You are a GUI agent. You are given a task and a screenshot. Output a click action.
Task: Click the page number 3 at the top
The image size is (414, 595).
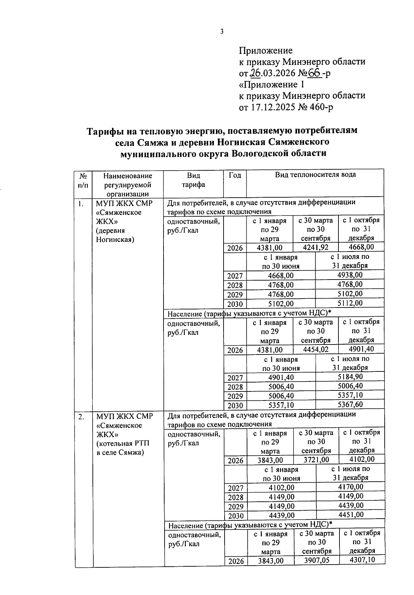(x=222, y=31)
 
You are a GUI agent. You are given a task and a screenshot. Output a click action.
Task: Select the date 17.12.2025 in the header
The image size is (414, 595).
(x=272, y=107)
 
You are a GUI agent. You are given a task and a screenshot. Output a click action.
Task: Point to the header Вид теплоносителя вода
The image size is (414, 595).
(x=315, y=174)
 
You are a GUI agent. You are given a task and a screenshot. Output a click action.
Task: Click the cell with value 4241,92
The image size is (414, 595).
(x=315, y=247)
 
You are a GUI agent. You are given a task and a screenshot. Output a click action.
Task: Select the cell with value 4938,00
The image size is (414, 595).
(x=349, y=275)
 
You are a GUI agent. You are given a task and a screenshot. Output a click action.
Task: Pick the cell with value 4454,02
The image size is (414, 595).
(x=316, y=349)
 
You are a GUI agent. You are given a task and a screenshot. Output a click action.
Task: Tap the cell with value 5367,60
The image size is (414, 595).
(x=350, y=404)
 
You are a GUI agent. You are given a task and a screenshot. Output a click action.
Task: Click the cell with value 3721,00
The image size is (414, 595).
(x=316, y=460)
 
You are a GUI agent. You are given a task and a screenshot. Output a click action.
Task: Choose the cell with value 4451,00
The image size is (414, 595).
(x=351, y=515)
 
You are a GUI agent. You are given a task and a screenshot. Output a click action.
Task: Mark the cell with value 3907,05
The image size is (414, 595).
(x=316, y=560)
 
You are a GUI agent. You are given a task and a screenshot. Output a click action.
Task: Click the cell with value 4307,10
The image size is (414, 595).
(x=362, y=560)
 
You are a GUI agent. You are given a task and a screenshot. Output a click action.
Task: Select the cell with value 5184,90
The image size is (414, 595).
(x=350, y=377)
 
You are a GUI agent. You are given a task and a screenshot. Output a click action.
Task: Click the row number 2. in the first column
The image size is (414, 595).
(x=81, y=417)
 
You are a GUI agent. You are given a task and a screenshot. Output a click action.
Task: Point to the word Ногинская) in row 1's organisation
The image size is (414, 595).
(x=115, y=239)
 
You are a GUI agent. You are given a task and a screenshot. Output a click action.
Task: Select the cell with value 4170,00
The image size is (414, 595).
(x=350, y=487)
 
